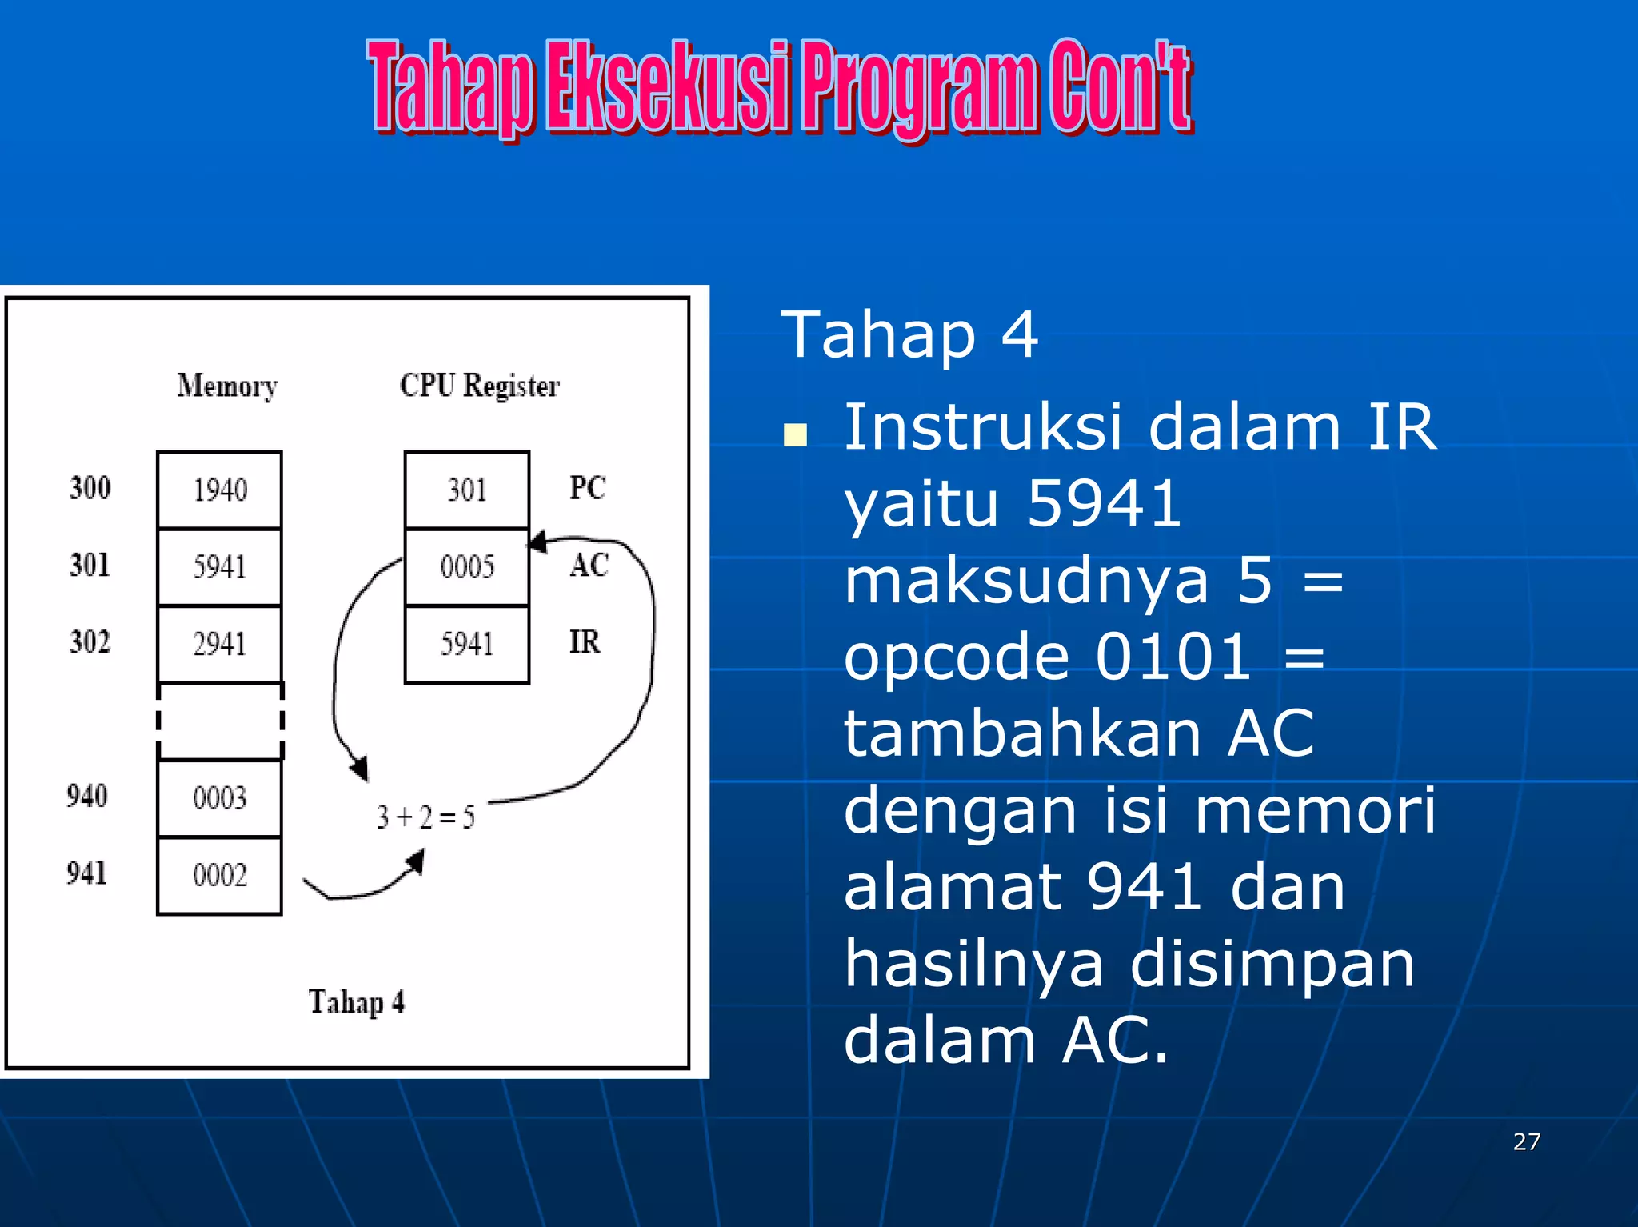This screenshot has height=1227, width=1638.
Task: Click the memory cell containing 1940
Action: pos(219,490)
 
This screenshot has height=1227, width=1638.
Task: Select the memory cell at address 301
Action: pos(219,566)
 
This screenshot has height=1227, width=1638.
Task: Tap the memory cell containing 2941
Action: pos(219,644)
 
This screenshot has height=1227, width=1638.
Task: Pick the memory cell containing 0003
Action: pos(219,797)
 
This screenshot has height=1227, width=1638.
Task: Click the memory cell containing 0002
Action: pos(219,875)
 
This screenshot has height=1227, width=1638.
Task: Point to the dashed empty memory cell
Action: pos(219,721)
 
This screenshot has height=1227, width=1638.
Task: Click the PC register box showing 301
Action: pos(466,490)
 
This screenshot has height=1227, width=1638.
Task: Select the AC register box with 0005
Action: pos(466,566)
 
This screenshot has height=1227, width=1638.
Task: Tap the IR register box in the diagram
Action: pos(466,644)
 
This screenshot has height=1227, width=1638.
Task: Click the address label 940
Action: pos(87,796)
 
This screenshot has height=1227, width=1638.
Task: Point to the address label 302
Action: pos(90,641)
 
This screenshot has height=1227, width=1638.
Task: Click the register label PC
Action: pos(587,488)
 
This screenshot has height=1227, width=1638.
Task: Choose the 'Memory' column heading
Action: pos(227,386)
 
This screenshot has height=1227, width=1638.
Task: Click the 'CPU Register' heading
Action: pos(480,386)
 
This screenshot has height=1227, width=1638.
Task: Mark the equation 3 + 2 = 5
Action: pos(425,817)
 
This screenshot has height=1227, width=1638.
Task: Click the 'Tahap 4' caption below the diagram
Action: pos(357,1002)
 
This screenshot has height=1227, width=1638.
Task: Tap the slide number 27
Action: pos(1526,1141)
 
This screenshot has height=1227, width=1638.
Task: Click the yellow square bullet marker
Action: pos(795,435)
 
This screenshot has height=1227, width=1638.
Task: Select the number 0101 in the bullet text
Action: pos(1173,657)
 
